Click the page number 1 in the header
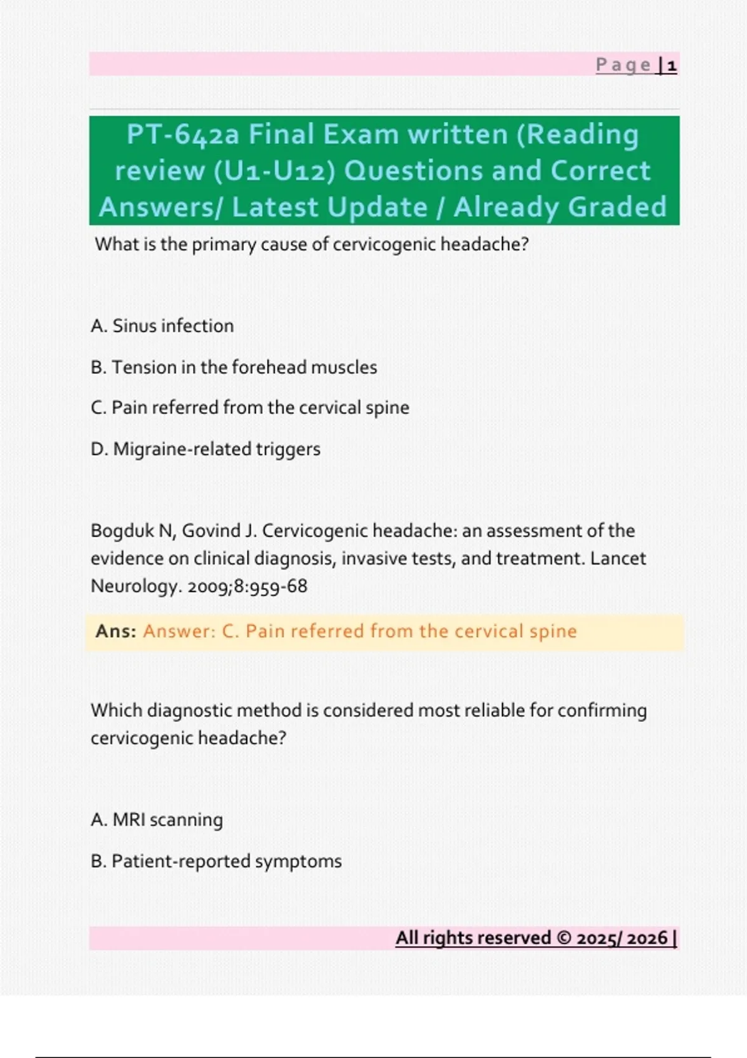[672, 65]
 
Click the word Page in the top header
[623, 65]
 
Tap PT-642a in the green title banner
[182, 134]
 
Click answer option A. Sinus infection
[162, 325]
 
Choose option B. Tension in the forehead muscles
[233, 367]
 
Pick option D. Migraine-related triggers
[205, 449]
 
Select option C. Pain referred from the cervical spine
[250, 408]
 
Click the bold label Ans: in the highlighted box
[116, 631]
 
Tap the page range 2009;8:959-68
[247, 586]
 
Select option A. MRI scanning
[156, 820]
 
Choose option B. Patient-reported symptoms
[216, 861]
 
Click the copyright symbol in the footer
[564, 938]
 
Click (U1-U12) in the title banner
[274, 171]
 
